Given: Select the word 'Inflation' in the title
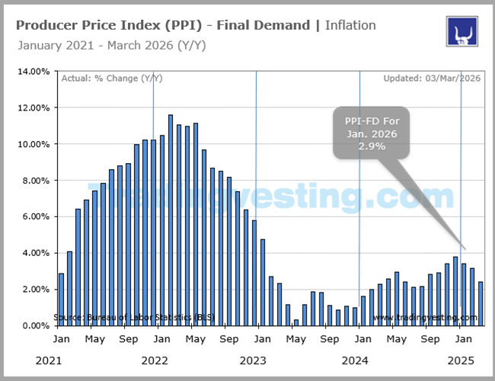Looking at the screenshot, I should (350, 25).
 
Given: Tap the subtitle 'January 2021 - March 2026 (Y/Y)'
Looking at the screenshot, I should (111, 45).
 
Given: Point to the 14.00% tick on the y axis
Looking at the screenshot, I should (34, 72).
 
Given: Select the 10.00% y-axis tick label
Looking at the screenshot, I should (34, 144).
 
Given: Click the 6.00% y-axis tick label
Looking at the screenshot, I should (34, 216).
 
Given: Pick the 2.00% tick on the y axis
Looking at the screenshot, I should (34, 290).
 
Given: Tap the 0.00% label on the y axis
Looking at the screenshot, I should (34, 325).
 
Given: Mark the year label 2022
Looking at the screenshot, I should (155, 359).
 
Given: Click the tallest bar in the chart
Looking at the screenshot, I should (171, 221).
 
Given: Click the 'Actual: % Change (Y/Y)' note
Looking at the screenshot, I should (111, 78).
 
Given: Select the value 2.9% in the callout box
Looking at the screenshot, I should (371, 146).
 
